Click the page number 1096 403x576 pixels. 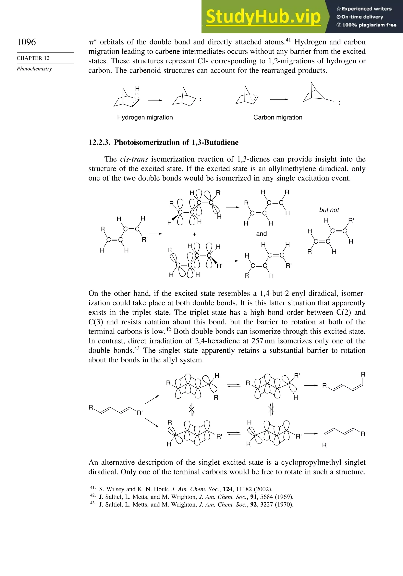click(26, 42)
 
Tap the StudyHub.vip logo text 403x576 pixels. click(263, 17)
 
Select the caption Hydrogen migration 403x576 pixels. click(145, 117)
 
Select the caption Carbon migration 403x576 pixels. click(278, 117)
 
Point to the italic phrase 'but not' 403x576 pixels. click(329, 210)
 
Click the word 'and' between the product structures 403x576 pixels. click(261, 234)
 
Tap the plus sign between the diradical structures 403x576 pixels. click(194, 234)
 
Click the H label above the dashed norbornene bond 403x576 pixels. click(137, 89)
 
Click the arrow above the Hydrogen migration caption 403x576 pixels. click(155, 100)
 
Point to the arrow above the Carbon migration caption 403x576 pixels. click(279, 100)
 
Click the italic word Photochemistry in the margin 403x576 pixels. click(34, 69)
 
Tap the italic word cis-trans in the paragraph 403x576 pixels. click(134, 159)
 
